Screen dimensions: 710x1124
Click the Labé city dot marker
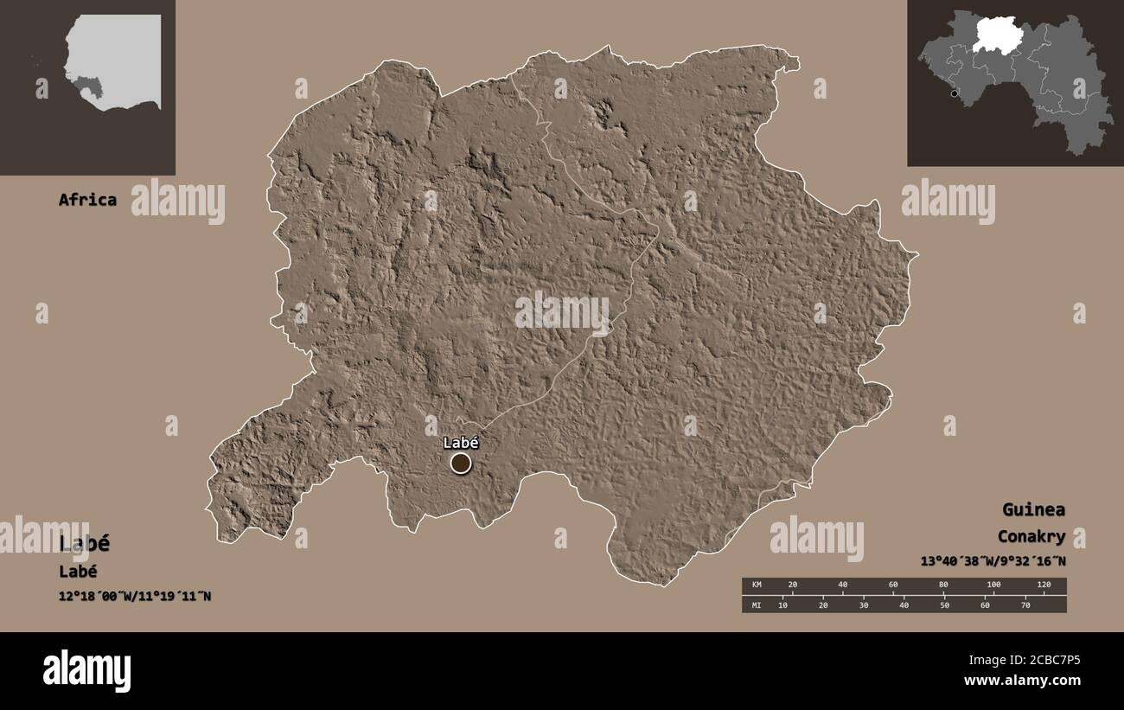point(461,464)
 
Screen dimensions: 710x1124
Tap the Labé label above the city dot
point(461,443)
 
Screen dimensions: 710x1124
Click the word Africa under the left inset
point(87,200)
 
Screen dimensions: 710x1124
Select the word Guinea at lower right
point(1033,509)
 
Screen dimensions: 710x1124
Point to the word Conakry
point(1031,536)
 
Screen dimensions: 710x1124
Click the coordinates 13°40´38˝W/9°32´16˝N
point(993,561)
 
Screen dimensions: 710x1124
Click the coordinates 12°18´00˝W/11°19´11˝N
point(135,596)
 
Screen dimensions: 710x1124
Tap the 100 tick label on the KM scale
point(993,585)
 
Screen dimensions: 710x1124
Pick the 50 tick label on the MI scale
point(943,605)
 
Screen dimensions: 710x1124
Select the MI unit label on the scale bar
point(755,605)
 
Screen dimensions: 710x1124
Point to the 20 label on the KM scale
point(792,585)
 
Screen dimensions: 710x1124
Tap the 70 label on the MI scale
point(1025,605)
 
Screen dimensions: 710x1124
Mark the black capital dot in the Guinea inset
point(954,93)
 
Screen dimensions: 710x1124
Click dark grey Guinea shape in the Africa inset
point(89,87)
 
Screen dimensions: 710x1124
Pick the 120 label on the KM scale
point(1044,585)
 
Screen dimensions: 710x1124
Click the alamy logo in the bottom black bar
point(86,671)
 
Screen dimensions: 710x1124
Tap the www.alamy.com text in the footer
point(1022,681)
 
